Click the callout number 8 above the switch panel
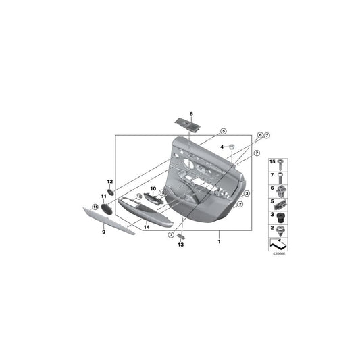[x=191, y=113]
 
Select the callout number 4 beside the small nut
[x=222, y=147]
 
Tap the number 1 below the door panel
[x=219, y=240]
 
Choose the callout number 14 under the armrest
[x=145, y=227]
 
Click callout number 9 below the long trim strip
[x=104, y=232]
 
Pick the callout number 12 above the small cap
[x=109, y=182]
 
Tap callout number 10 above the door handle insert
[x=153, y=189]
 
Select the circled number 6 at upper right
[x=259, y=136]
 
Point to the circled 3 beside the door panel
[x=248, y=193]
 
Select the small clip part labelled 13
[x=180, y=236]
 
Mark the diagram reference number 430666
[x=278, y=254]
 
